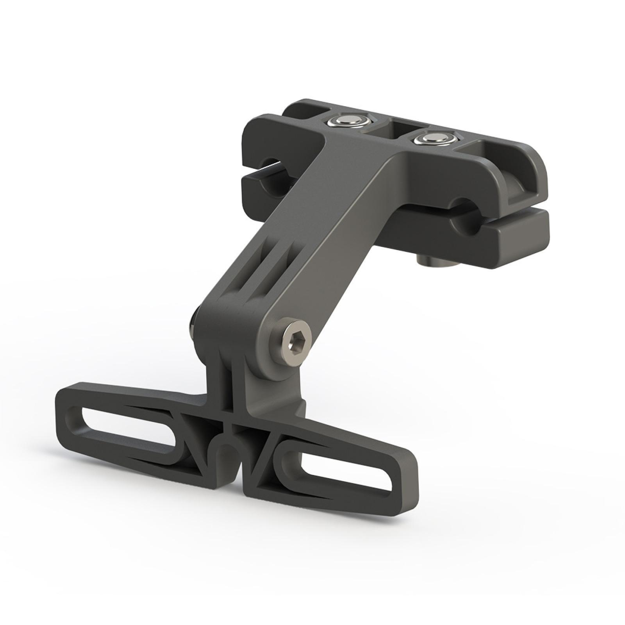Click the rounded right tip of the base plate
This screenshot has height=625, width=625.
408,486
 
